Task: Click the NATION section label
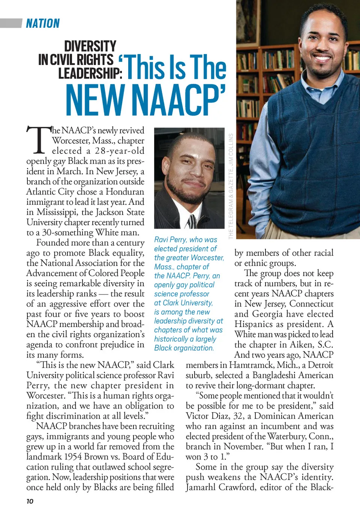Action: [43, 24]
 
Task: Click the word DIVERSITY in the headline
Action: [90, 47]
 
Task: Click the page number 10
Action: [30, 501]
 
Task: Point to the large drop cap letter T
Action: [38, 141]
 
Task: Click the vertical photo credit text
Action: [231, 186]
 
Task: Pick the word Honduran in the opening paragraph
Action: [125, 192]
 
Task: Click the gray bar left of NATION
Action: [11, 23]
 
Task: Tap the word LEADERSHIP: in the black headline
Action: [90, 73]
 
